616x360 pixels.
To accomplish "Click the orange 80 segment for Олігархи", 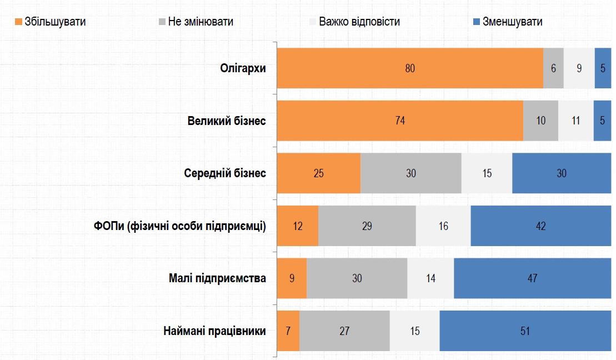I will coord(410,68).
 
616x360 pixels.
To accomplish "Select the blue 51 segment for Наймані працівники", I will coord(525,331).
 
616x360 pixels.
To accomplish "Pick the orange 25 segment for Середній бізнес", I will coord(318,173).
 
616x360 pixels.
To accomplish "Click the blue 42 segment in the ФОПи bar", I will coord(540,226).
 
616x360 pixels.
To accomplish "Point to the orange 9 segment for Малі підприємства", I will coord(292,278).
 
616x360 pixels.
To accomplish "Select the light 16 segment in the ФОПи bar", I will coord(443,226).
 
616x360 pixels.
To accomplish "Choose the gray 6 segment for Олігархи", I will coord(553,68).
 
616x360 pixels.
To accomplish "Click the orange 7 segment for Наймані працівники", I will coord(288,331).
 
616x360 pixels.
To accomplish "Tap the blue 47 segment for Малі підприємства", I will coord(532,278).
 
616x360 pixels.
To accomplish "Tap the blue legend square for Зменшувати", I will coord(476,22).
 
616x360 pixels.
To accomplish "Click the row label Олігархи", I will coord(243,68).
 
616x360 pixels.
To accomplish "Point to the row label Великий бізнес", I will coord(227,121).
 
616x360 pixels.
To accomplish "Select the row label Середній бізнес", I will coord(225,173).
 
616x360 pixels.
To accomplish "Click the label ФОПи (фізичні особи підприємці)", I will coord(180,226).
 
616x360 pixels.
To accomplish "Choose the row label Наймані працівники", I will coord(214,331).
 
